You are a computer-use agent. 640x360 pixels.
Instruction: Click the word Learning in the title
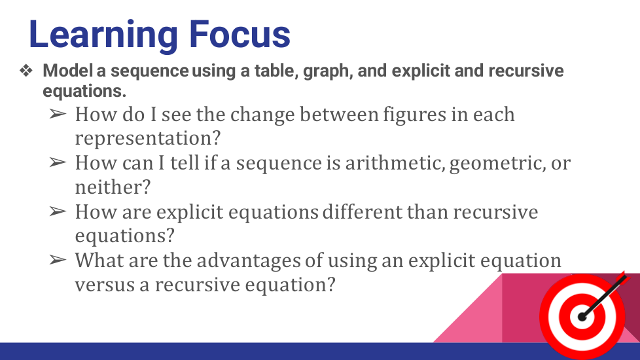[x=103, y=36]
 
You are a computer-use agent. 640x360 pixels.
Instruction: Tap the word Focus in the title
[x=240, y=34]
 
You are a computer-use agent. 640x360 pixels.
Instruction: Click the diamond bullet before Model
[x=26, y=71]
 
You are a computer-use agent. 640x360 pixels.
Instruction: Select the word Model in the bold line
[x=68, y=70]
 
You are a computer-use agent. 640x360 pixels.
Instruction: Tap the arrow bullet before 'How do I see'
[x=58, y=114]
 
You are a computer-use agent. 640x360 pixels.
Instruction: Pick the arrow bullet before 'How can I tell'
[x=58, y=162]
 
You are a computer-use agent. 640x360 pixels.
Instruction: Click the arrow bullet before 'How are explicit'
[x=58, y=211]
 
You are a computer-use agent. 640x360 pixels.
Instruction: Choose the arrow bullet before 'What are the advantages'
[x=58, y=260]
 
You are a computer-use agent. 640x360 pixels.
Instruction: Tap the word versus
[x=105, y=285]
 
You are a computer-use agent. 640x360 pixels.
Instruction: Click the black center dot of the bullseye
[x=582, y=317]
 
